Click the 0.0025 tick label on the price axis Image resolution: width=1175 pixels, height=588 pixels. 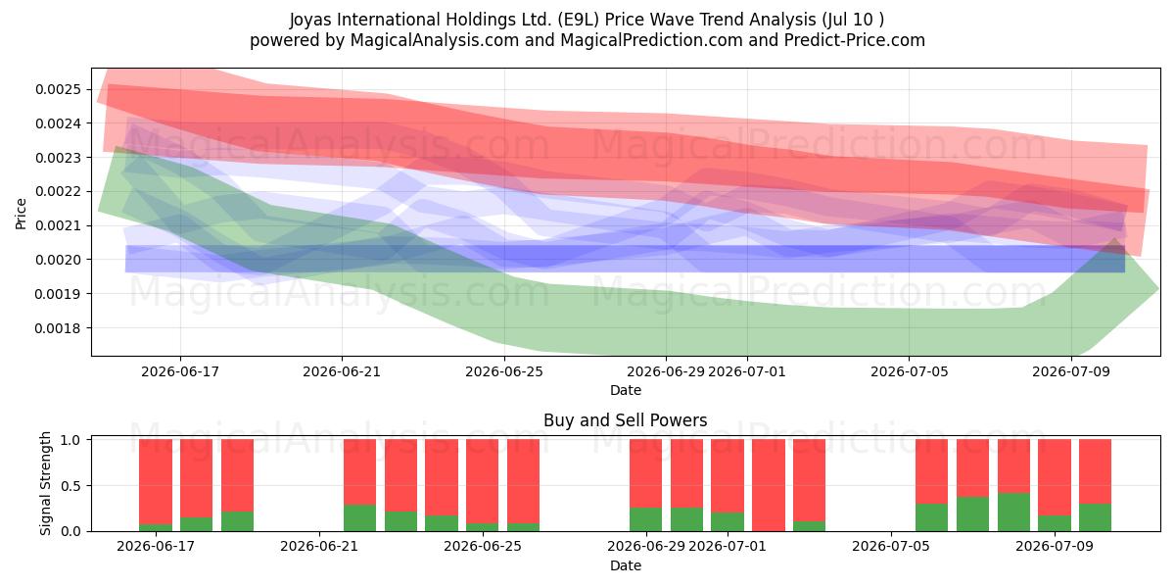tap(58, 89)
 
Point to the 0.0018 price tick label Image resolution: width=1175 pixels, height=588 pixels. tap(58, 328)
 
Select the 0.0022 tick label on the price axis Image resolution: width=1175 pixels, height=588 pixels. tap(58, 192)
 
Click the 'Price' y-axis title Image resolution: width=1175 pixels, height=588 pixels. tap(21, 214)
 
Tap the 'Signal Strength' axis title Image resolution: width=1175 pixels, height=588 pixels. tap(46, 483)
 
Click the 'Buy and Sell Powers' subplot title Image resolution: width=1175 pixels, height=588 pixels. tap(626, 420)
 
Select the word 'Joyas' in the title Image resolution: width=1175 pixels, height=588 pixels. tap(311, 20)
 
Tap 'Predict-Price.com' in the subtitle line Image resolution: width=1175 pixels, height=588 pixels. tap(855, 40)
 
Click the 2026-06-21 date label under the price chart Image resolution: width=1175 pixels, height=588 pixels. tap(342, 371)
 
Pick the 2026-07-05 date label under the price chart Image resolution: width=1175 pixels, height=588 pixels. tap(910, 371)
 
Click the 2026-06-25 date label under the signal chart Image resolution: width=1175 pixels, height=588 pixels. tap(483, 546)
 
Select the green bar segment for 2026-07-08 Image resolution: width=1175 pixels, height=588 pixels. tap(1013, 512)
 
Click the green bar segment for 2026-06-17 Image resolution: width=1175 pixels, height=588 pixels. tap(156, 527)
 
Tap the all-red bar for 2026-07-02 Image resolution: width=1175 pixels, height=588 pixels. tap(769, 485)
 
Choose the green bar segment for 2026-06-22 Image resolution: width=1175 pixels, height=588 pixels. tap(360, 518)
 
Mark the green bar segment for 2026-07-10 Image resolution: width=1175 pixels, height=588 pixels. tap(1095, 517)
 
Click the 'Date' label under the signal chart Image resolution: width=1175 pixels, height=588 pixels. tap(626, 565)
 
